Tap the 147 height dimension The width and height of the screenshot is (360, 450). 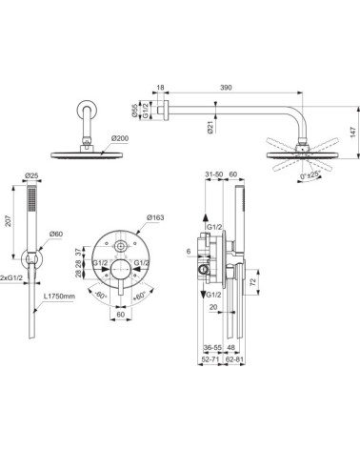tap(350, 135)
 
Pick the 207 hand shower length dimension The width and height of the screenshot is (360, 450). tap(8, 218)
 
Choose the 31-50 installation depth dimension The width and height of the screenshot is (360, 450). tap(216, 174)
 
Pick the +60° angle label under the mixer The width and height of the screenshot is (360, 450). tap(141, 297)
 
